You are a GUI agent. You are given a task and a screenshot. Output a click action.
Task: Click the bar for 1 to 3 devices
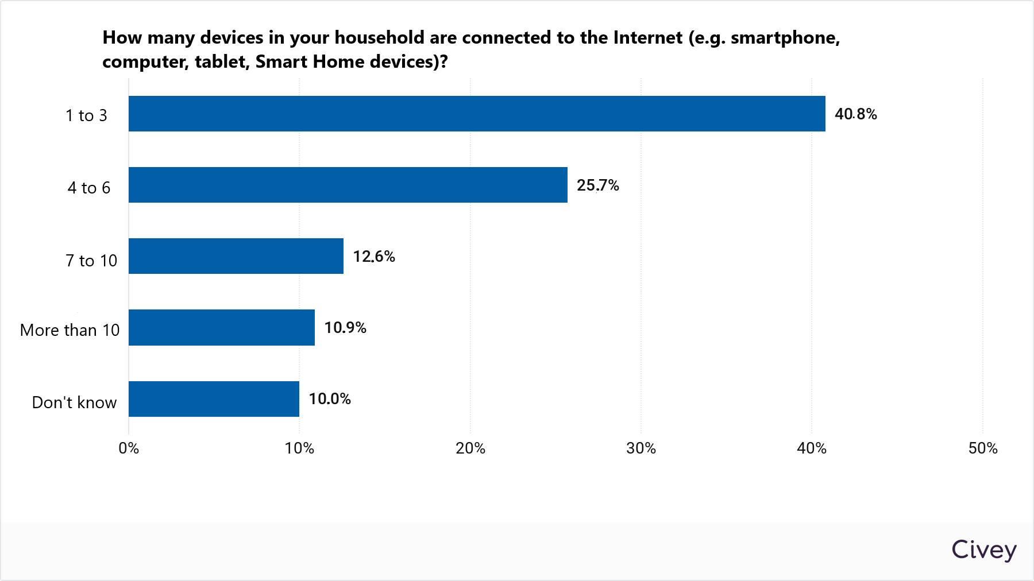pos(477,114)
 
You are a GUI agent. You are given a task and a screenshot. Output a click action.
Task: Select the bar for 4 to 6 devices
pos(348,185)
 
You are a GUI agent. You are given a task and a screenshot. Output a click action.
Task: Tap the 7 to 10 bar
pos(236,256)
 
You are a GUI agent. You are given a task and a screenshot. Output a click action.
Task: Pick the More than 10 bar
pos(221,327)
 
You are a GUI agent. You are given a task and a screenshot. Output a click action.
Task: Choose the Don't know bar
pos(214,399)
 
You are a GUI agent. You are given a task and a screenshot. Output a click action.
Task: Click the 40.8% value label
pos(855,114)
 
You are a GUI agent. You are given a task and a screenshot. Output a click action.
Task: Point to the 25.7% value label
pos(597,185)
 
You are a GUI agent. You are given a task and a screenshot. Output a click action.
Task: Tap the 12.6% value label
pos(373,257)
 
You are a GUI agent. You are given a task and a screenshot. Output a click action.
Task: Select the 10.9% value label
pos(345,328)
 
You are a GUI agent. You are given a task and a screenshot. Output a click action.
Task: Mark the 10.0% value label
pos(329,399)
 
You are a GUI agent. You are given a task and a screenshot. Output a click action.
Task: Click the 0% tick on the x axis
pos(129,448)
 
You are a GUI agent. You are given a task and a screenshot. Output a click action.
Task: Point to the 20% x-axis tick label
pos(470,448)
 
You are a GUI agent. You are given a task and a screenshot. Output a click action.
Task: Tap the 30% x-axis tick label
pos(641,448)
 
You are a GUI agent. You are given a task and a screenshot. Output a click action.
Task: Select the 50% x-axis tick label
pos(982,448)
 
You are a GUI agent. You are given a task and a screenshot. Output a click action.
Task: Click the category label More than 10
pos(70,330)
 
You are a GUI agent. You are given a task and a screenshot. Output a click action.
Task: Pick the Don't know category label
pos(74,402)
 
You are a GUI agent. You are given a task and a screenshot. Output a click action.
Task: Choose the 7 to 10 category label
pos(91,261)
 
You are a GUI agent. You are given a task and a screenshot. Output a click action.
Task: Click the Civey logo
pos(983,550)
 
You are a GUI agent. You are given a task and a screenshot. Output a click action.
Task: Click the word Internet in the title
pos(647,37)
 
